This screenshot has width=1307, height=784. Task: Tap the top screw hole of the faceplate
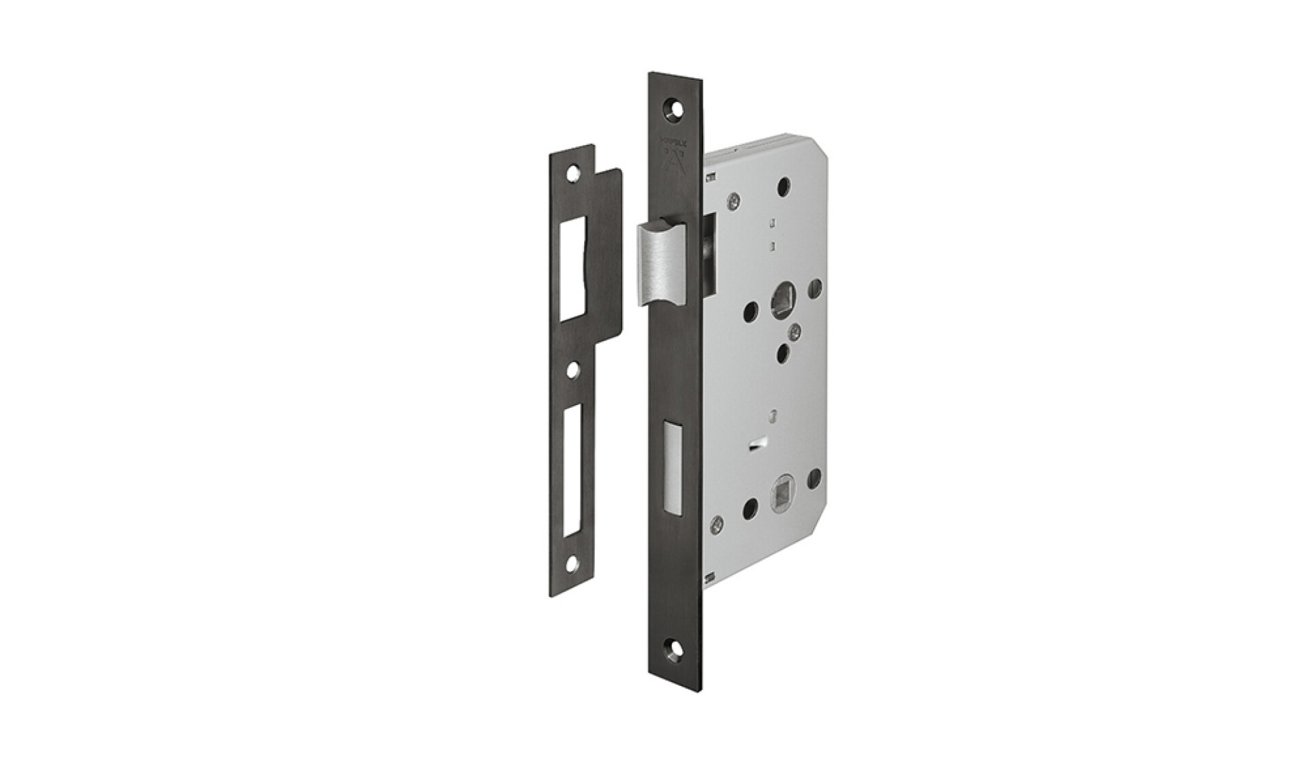(675, 108)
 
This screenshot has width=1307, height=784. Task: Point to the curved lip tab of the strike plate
(613, 252)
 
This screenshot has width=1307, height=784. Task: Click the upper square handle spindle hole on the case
(779, 301)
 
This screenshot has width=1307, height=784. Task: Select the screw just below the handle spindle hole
(792, 332)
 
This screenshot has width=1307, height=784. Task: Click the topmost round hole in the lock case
(784, 184)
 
